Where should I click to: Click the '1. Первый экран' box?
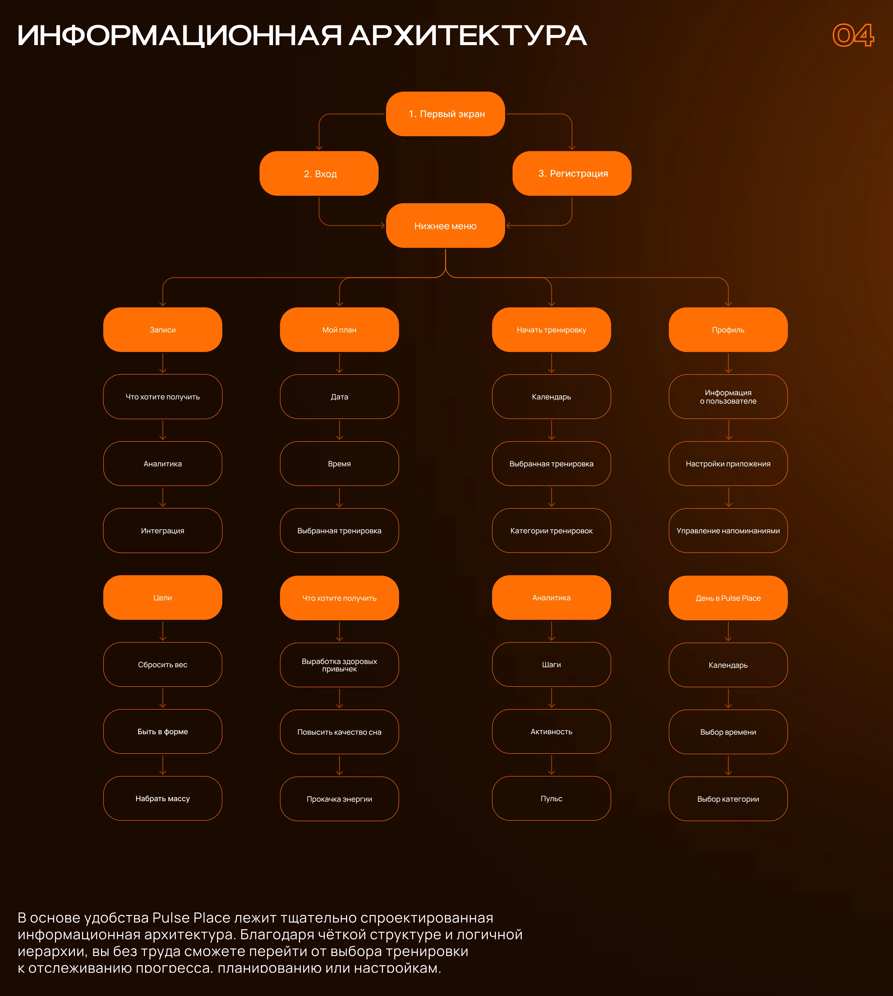(446, 114)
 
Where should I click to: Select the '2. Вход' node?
(319, 174)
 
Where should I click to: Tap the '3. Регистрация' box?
(572, 174)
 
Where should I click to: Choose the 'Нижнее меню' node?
(446, 226)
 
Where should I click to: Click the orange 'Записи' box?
(162, 330)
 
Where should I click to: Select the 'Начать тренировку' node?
(552, 330)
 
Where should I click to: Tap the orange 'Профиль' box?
(728, 330)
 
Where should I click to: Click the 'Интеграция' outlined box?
(162, 530)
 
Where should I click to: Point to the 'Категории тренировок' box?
(552, 530)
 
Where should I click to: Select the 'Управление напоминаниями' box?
(728, 530)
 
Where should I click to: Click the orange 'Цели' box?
(162, 598)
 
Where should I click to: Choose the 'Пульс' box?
(552, 798)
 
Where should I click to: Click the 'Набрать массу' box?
(162, 798)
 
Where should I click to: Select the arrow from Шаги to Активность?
(552, 698)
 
